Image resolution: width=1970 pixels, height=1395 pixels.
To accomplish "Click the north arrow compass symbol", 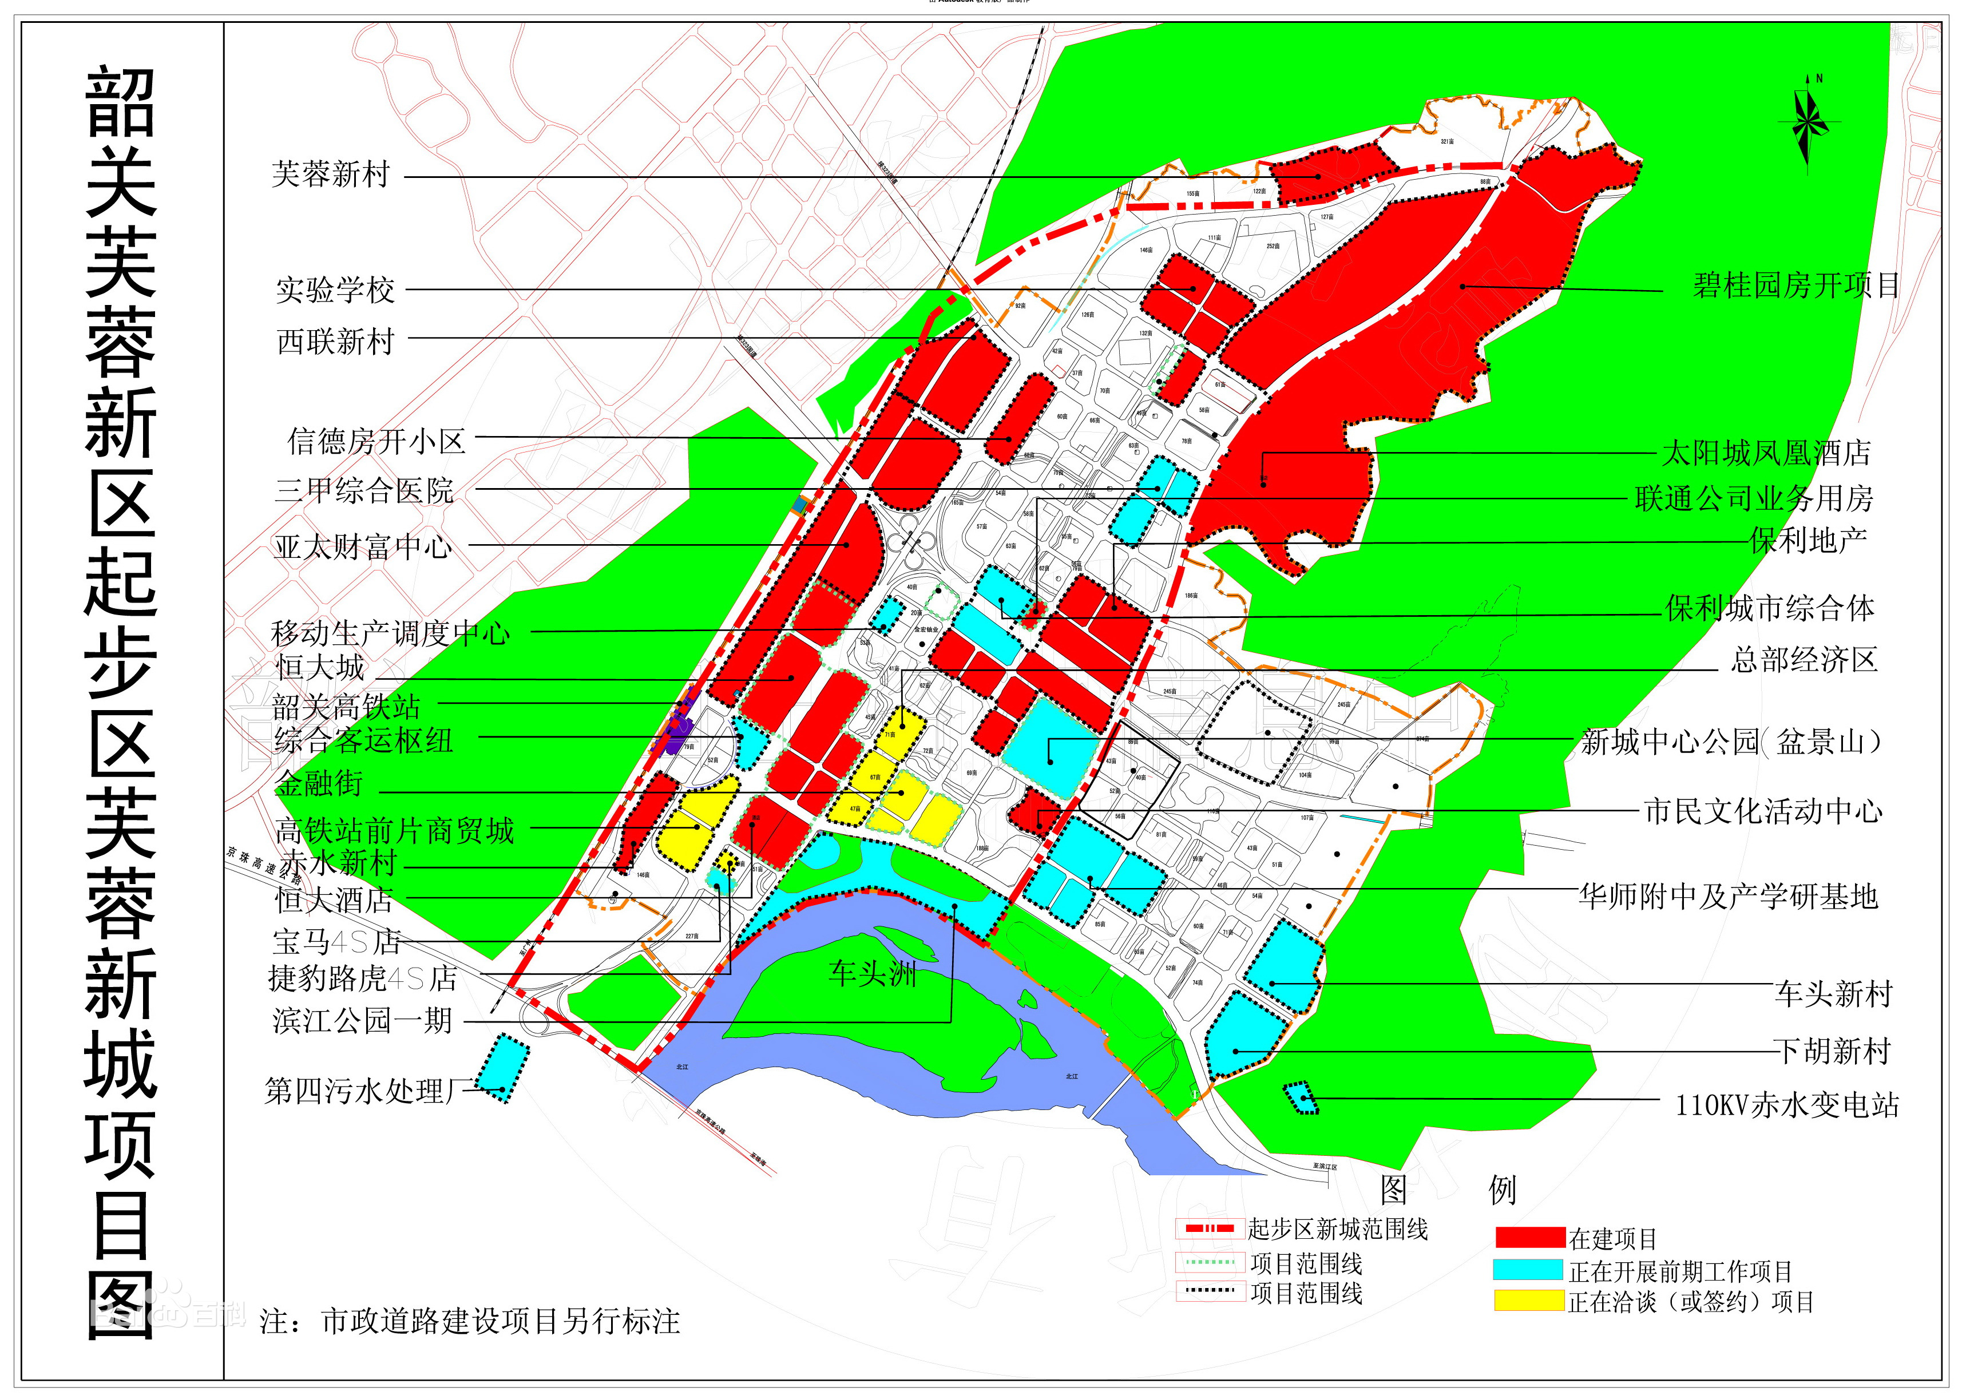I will click(1809, 125).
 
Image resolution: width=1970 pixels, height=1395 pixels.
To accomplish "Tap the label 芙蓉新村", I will click(331, 175).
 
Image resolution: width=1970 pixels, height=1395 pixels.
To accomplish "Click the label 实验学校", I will click(335, 290).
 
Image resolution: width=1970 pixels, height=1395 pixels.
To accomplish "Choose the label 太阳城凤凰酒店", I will click(1766, 453).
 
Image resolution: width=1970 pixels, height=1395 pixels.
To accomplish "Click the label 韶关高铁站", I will click(346, 706).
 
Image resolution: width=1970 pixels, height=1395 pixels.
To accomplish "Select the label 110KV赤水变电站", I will click(1787, 1105).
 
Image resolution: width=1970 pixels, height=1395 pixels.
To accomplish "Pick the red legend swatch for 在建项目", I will click(1529, 1238).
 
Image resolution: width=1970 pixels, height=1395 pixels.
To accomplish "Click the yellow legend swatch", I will click(1529, 1301).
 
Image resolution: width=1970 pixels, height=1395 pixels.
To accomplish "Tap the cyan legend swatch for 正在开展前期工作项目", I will click(1529, 1270).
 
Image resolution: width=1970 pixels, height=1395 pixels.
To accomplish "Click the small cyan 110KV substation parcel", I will click(1301, 1099).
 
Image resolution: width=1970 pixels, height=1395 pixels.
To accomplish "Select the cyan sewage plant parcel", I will click(504, 1068).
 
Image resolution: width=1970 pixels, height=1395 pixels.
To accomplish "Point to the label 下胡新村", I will click(1833, 1051).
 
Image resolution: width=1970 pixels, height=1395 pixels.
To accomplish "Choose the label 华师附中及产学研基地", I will click(1728, 897).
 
